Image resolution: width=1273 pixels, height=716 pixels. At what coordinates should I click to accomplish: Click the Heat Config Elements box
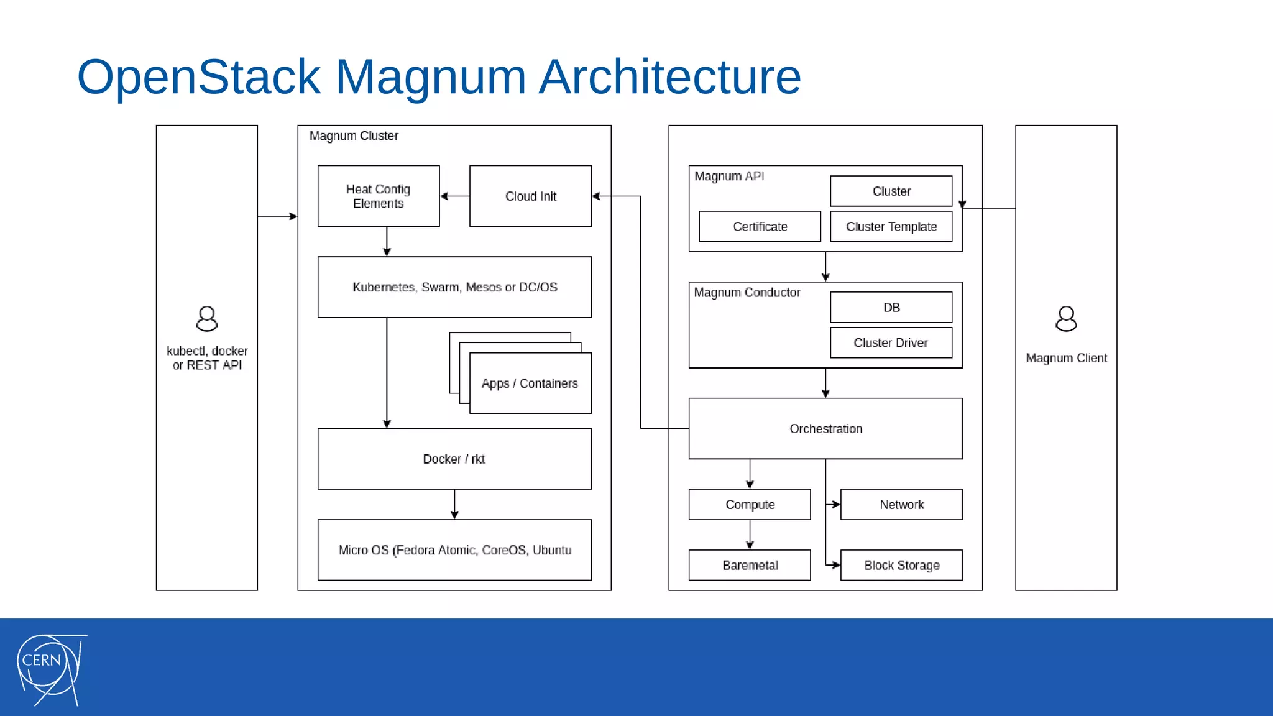pyautogui.click(x=378, y=196)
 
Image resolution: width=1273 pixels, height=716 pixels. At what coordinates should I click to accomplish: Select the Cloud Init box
pyautogui.click(x=530, y=196)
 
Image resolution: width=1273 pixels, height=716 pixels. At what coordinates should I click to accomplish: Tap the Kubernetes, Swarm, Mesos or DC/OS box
pyautogui.click(x=454, y=287)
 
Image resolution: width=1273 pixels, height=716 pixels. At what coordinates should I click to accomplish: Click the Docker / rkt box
pyautogui.click(x=454, y=459)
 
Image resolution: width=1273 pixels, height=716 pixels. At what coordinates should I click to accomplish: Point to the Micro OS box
pyautogui.click(x=454, y=550)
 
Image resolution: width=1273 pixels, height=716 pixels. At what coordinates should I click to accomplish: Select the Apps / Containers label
pyautogui.click(x=530, y=383)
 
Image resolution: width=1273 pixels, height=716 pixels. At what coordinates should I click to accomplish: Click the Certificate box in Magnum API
pyautogui.click(x=760, y=226)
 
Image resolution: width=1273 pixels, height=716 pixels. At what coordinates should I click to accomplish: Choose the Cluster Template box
pyautogui.click(x=891, y=226)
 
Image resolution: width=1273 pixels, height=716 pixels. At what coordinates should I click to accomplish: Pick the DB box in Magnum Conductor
pyautogui.click(x=891, y=307)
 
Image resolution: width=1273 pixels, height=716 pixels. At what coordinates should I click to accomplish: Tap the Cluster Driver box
pyautogui.click(x=891, y=342)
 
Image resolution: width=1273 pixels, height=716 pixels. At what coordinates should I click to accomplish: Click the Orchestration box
pyautogui.click(x=825, y=428)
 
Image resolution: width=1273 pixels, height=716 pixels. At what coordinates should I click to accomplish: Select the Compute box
pyautogui.click(x=750, y=504)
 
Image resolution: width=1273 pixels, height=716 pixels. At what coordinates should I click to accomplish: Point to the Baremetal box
pyautogui.click(x=750, y=565)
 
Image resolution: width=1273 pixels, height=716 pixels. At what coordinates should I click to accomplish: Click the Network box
pyautogui.click(x=901, y=504)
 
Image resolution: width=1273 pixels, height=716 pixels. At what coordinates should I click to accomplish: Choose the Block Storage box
pyautogui.click(x=901, y=565)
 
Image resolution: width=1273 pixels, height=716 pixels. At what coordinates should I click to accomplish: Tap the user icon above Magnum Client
pyautogui.click(x=1066, y=319)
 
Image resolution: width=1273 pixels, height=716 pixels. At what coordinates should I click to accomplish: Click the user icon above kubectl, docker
pyautogui.click(x=206, y=319)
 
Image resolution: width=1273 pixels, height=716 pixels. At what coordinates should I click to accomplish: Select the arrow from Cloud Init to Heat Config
pyautogui.click(x=454, y=196)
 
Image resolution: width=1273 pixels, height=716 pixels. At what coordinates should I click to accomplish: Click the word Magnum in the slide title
pyautogui.click(x=430, y=76)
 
